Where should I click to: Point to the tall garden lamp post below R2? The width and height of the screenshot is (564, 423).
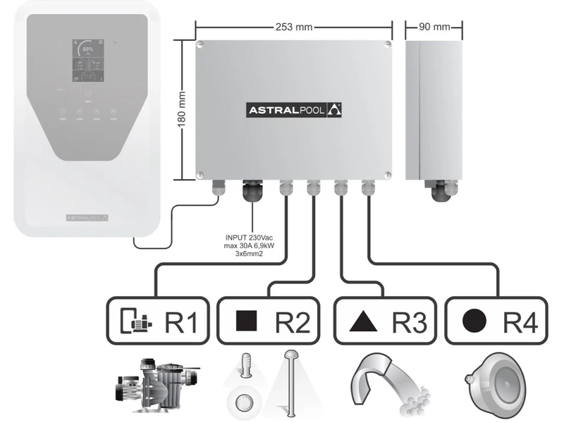click(290, 381)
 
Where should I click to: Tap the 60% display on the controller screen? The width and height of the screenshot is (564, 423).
click(87, 50)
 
